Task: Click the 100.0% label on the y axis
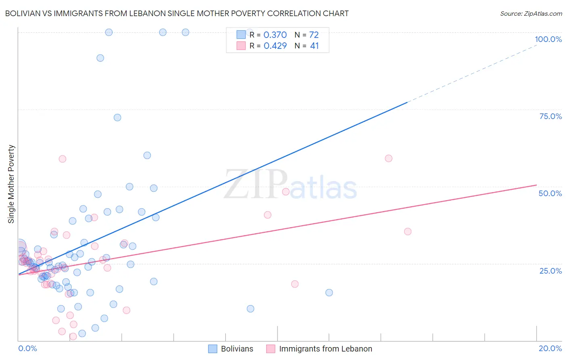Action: (548, 39)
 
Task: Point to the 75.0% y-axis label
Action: (550, 116)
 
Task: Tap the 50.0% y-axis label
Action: (550, 193)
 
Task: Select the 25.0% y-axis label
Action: (550, 270)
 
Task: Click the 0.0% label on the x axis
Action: (27, 348)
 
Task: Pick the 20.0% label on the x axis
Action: (550, 348)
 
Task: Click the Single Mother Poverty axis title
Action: (11, 184)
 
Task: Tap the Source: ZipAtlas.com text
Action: (531, 13)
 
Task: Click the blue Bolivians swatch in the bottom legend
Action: (213, 349)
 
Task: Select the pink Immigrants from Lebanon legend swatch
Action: (271, 349)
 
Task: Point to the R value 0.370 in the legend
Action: (275, 35)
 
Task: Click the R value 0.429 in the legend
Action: (275, 46)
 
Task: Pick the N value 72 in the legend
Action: (314, 35)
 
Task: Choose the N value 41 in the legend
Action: (314, 46)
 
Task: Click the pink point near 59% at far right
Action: (388, 158)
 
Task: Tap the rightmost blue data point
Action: (329, 293)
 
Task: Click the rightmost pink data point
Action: (408, 231)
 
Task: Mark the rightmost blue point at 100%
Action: (186, 32)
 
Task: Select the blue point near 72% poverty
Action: (117, 117)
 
